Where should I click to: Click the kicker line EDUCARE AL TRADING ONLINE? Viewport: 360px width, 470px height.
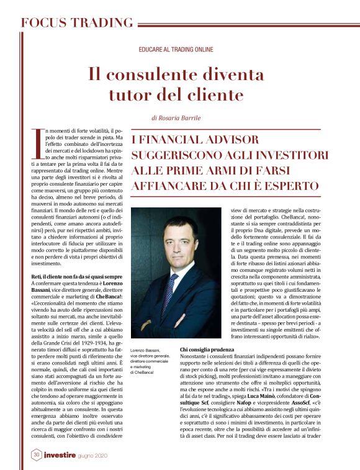click(x=176, y=49)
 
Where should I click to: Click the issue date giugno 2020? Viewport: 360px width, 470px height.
click(x=109, y=455)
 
